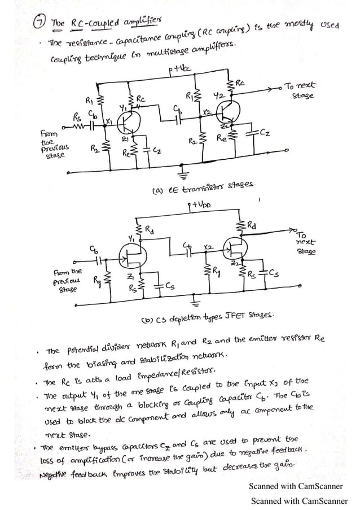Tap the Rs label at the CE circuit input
pyautogui.click(x=76, y=117)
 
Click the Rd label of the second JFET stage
pyautogui.click(x=257, y=226)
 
